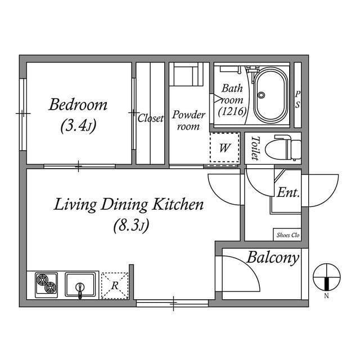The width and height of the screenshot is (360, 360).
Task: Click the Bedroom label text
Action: [x=78, y=105]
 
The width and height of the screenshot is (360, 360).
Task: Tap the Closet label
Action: [x=150, y=119]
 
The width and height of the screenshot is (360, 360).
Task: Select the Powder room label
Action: [x=188, y=120]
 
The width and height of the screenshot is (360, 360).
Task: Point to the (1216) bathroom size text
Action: [x=232, y=111]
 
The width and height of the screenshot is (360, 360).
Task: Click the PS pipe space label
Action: [x=298, y=100]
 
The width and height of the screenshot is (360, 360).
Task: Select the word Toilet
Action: [x=255, y=148]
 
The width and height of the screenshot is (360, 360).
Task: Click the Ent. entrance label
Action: [x=288, y=192]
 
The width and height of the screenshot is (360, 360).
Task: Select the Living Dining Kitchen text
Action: [x=128, y=205]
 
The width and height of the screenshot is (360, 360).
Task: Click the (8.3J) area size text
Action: [x=129, y=227]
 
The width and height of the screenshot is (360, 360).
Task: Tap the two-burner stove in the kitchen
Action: [x=46, y=284]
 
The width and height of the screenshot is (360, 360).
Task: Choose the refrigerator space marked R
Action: [x=115, y=285]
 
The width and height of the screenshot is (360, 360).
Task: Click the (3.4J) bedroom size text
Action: [x=78, y=127]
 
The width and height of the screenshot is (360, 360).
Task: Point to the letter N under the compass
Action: [x=326, y=296]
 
